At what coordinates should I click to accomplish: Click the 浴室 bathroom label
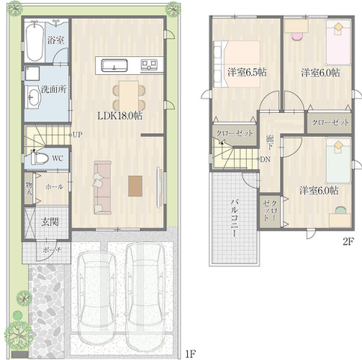56,40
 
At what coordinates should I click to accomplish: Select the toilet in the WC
39,158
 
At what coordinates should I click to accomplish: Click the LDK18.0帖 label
120,115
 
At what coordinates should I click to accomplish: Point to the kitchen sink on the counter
114,65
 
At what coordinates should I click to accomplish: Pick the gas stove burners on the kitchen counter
150,65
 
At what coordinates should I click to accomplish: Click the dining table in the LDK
129,96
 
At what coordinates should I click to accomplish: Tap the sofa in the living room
102,188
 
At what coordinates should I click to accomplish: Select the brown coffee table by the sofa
135,186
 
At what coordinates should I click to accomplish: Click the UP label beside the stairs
78,135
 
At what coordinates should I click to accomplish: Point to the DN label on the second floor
266,159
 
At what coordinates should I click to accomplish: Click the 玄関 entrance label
50,222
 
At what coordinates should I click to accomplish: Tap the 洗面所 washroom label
54,89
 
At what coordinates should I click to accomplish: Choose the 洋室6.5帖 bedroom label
247,72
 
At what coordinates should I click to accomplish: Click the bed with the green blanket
339,161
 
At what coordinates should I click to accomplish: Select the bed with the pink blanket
339,43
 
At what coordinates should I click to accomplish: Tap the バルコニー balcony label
234,218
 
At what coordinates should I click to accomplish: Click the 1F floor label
191,353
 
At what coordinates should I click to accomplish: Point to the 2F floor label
349,242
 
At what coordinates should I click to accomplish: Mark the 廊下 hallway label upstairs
270,142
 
